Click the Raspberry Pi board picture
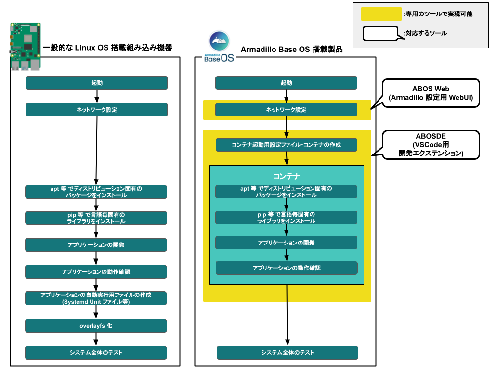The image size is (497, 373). [26, 46]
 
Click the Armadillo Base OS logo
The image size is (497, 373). [219, 47]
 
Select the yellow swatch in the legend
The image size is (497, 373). [381, 14]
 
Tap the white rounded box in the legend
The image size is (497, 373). [379, 34]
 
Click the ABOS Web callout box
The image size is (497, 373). [431, 93]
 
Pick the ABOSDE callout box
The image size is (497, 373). [431, 145]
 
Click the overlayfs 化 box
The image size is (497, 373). [96, 326]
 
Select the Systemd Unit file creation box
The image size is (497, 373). [96, 298]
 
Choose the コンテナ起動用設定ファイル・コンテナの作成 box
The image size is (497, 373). [287, 145]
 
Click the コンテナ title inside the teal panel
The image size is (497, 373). [287, 176]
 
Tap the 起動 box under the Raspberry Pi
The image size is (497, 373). [96, 83]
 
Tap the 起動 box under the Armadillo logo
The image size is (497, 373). [286, 83]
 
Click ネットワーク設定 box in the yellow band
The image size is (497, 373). [286, 110]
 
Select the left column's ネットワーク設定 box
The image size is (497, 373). [96, 110]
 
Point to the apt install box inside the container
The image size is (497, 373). [286, 192]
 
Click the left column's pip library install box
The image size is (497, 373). [96, 218]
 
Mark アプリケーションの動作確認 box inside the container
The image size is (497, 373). [287, 268]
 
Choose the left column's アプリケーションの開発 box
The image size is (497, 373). [96, 245]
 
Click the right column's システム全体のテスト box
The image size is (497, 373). [288, 353]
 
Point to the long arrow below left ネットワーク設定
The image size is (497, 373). [97, 149]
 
